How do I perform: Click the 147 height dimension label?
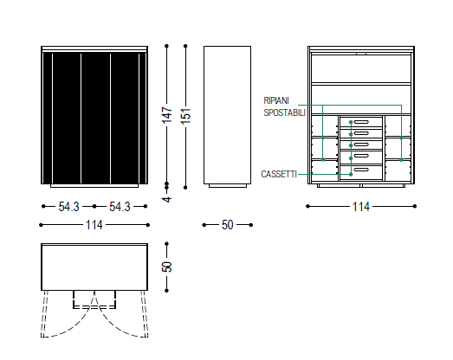tap(167, 114)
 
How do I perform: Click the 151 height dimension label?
tap(185, 116)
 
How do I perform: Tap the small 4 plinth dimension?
tap(167, 199)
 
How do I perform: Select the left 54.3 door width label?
tap(68, 207)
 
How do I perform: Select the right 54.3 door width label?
tap(120, 207)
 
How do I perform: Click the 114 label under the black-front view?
tap(94, 225)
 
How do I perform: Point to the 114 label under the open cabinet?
tap(361, 207)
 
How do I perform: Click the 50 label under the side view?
tap(228, 225)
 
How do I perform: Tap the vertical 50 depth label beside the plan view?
tap(167, 267)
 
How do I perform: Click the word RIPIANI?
tap(276, 100)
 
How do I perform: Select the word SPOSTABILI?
tap(285, 112)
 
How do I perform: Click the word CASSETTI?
tap(279, 174)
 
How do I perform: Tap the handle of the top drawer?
tap(361, 122)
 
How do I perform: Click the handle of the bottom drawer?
tap(361, 170)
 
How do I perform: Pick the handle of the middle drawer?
tap(361, 145)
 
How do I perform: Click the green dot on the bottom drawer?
tap(351, 174)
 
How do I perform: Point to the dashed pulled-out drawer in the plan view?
tap(94, 299)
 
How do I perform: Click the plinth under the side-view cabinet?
tap(228, 186)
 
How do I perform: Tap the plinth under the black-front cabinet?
tap(94, 186)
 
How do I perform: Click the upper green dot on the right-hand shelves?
tap(401, 138)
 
